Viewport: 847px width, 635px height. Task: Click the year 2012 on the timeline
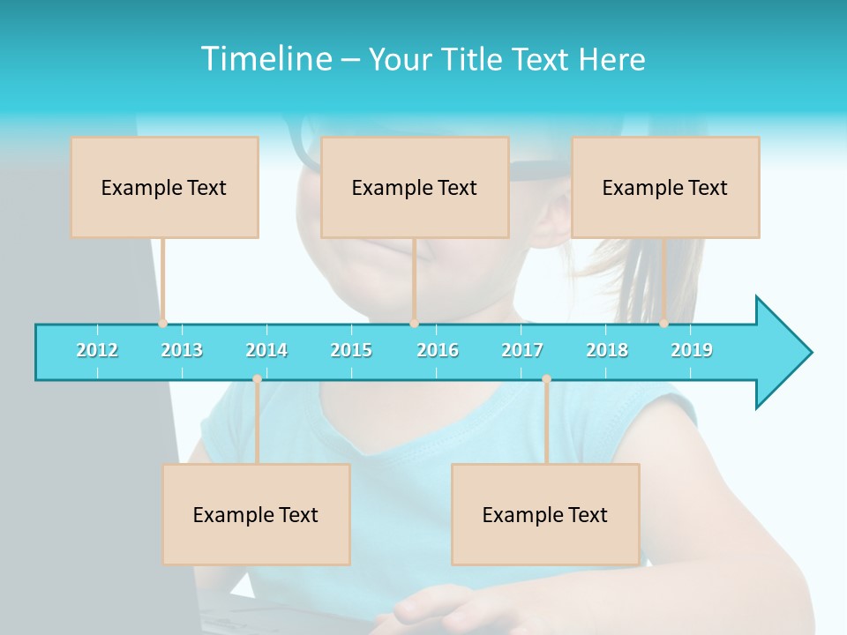tap(97, 350)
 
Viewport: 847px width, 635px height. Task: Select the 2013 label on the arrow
tap(182, 350)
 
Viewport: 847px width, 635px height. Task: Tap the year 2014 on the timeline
tap(266, 350)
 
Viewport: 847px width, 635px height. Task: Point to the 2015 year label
tap(351, 350)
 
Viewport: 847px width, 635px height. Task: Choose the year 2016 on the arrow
tap(438, 350)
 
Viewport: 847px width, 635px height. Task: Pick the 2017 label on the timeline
tap(522, 350)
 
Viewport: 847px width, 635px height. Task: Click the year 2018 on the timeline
tap(607, 350)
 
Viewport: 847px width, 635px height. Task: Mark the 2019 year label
tap(692, 350)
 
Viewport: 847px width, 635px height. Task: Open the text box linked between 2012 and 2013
tap(164, 187)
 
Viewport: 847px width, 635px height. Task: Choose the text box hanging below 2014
tap(256, 514)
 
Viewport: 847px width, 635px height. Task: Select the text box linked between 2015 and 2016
tap(415, 187)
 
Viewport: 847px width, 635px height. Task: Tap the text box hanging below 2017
tap(545, 514)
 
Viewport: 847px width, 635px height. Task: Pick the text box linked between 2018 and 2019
tap(665, 187)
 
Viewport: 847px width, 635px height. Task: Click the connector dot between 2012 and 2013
tap(162, 323)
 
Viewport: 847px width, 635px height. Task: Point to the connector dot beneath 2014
tap(257, 379)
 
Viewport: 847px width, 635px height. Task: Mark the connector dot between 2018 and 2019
tap(663, 323)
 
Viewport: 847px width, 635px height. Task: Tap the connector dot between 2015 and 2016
tap(414, 323)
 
